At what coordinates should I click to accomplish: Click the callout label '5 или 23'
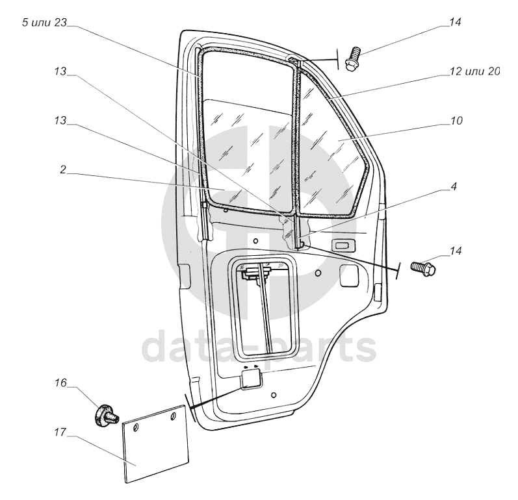[x=44, y=23]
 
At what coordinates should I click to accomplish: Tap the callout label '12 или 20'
[x=475, y=71]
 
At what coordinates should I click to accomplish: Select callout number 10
[x=456, y=121]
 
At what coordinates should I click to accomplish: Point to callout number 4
[x=454, y=186]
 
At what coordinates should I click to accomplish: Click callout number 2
[x=63, y=169]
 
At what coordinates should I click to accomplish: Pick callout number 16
[x=61, y=383]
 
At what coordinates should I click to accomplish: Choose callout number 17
[x=60, y=432]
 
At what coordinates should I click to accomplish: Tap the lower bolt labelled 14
[x=424, y=268]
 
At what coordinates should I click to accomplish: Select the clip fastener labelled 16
[x=105, y=416]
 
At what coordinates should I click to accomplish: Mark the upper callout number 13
[x=60, y=71]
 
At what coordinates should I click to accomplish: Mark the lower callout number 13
[x=60, y=121]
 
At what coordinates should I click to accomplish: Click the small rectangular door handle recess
[x=344, y=245]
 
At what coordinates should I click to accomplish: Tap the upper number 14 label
[x=455, y=22]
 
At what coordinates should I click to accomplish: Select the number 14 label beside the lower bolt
[x=456, y=251]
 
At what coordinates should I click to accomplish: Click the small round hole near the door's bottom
[x=273, y=395]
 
